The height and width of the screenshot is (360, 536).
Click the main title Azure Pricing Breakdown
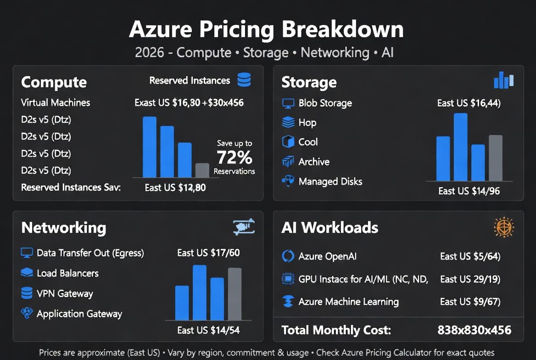[x=266, y=29]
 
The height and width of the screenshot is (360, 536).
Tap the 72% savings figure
[x=234, y=157]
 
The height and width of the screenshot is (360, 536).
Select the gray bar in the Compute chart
[x=202, y=170]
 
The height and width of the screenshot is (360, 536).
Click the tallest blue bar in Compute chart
[x=150, y=147]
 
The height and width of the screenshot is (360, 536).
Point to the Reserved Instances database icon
[x=244, y=80]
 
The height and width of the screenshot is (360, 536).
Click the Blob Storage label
[x=325, y=103]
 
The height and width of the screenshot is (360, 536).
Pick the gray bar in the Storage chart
[x=496, y=158]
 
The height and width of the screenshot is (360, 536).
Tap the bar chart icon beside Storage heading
[x=504, y=80]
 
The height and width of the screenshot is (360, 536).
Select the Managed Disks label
[x=330, y=181]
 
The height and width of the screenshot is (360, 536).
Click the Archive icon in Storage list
[x=288, y=162]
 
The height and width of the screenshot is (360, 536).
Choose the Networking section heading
[x=64, y=228]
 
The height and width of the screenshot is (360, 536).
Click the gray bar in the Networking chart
[x=234, y=294]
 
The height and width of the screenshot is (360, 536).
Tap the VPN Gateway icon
[x=27, y=293]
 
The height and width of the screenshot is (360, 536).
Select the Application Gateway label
[x=79, y=314]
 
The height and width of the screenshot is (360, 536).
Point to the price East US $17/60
[x=208, y=253]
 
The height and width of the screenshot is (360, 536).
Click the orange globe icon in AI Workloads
[x=504, y=227]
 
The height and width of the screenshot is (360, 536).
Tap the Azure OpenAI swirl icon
[x=288, y=256]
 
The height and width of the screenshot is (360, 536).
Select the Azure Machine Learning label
[x=348, y=302]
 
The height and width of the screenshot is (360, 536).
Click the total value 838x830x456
[x=475, y=330]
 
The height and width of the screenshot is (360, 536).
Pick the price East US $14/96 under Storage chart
[x=469, y=191]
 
